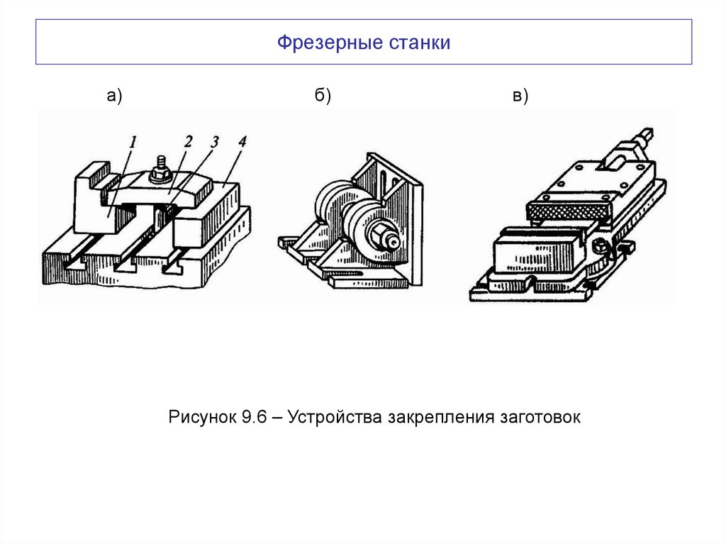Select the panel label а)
tap(115, 97)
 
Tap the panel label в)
tap(521, 97)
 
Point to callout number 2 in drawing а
tap(187, 142)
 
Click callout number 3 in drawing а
tap(213, 142)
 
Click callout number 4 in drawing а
tap(242, 142)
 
